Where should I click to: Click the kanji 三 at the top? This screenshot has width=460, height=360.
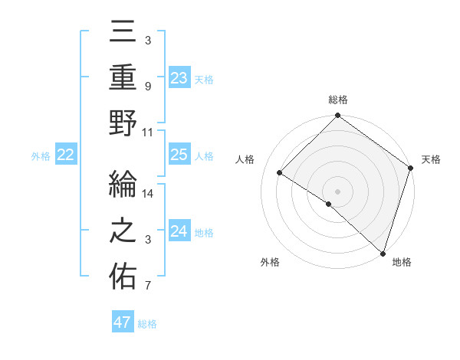point(123,32)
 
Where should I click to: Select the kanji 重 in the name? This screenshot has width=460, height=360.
point(123,77)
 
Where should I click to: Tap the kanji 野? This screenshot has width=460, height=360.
point(123,123)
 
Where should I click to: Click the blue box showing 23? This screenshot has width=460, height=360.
point(179,77)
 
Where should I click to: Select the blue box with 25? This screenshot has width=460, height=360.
point(179,155)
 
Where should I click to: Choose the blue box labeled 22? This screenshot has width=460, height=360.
point(66,155)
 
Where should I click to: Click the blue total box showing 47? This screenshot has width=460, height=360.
point(123,322)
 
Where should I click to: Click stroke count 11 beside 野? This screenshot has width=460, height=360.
point(148,132)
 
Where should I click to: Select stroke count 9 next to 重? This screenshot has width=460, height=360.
point(148,86)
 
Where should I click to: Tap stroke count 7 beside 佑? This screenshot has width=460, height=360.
point(148,286)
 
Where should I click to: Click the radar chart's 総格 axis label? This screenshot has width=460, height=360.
point(337,100)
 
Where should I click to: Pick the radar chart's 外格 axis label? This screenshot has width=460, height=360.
point(270,263)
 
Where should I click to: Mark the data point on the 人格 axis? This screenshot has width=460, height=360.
point(280,173)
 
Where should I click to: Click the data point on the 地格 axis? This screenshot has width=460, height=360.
point(383,253)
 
